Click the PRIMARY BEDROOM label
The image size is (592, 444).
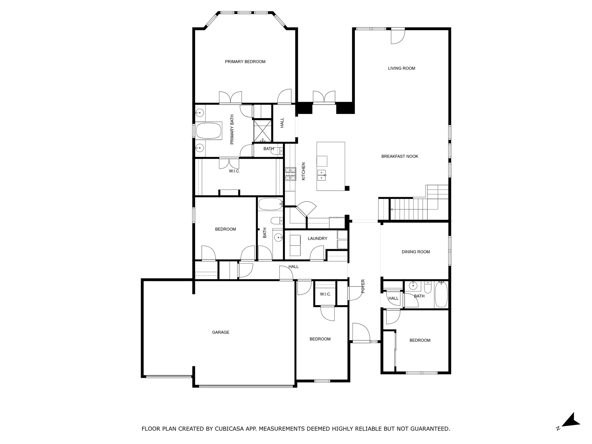click(x=245, y=62)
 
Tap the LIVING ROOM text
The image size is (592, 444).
click(x=402, y=68)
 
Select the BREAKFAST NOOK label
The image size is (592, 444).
click(x=400, y=156)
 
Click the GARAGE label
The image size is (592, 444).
click(x=221, y=332)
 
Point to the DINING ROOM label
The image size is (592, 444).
click(x=416, y=252)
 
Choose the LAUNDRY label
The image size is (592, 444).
click(x=317, y=238)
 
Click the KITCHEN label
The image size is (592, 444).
click(x=304, y=171)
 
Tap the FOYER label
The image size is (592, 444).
click(x=363, y=286)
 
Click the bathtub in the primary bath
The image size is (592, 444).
click(x=209, y=131)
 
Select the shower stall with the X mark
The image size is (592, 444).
click(x=262, y=131)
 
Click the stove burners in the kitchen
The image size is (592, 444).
click(x=291, y=174)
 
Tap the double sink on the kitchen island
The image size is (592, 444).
click(x=321, y=175)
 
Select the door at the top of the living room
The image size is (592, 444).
click(x=398, y=36)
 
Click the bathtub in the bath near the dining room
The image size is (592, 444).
click(x=441, y=295)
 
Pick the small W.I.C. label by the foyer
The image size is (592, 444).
click(x=325, y=294)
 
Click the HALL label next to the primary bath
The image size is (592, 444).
click(x=282, y=123)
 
